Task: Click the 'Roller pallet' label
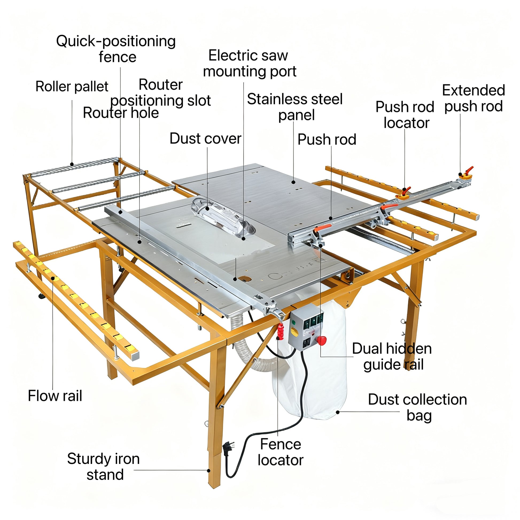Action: tap(72, 87)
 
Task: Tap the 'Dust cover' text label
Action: tap(205, 139)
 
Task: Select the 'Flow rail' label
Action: tap(55, 396)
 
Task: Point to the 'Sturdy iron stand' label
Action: tap(103, 467)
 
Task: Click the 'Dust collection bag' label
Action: tap(417, 408)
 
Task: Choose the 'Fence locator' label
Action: tap(281, 452)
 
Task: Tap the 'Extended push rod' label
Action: tap(474, 98)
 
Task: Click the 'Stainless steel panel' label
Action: tap(295, 107)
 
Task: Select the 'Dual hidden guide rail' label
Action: tap(392, 357)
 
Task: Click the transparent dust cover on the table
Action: tap(222, 216)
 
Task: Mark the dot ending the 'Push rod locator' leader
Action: tap(405, 189)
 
